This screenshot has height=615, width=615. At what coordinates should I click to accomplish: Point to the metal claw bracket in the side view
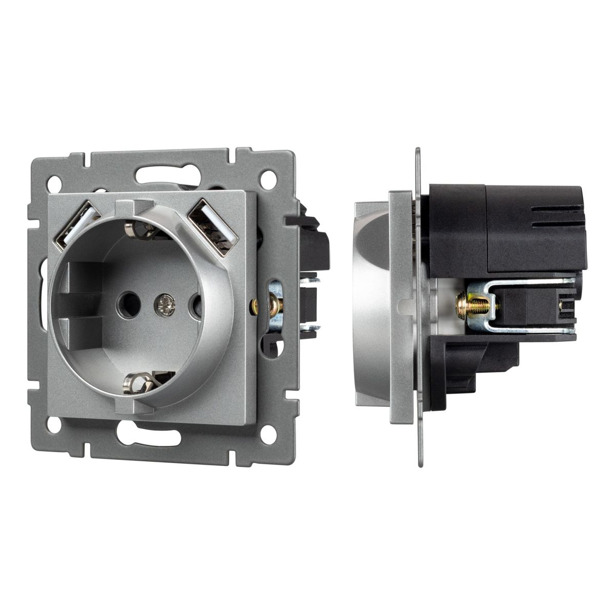(538, 307)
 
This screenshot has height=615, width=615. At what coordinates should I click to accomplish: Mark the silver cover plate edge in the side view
(399, 307)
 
